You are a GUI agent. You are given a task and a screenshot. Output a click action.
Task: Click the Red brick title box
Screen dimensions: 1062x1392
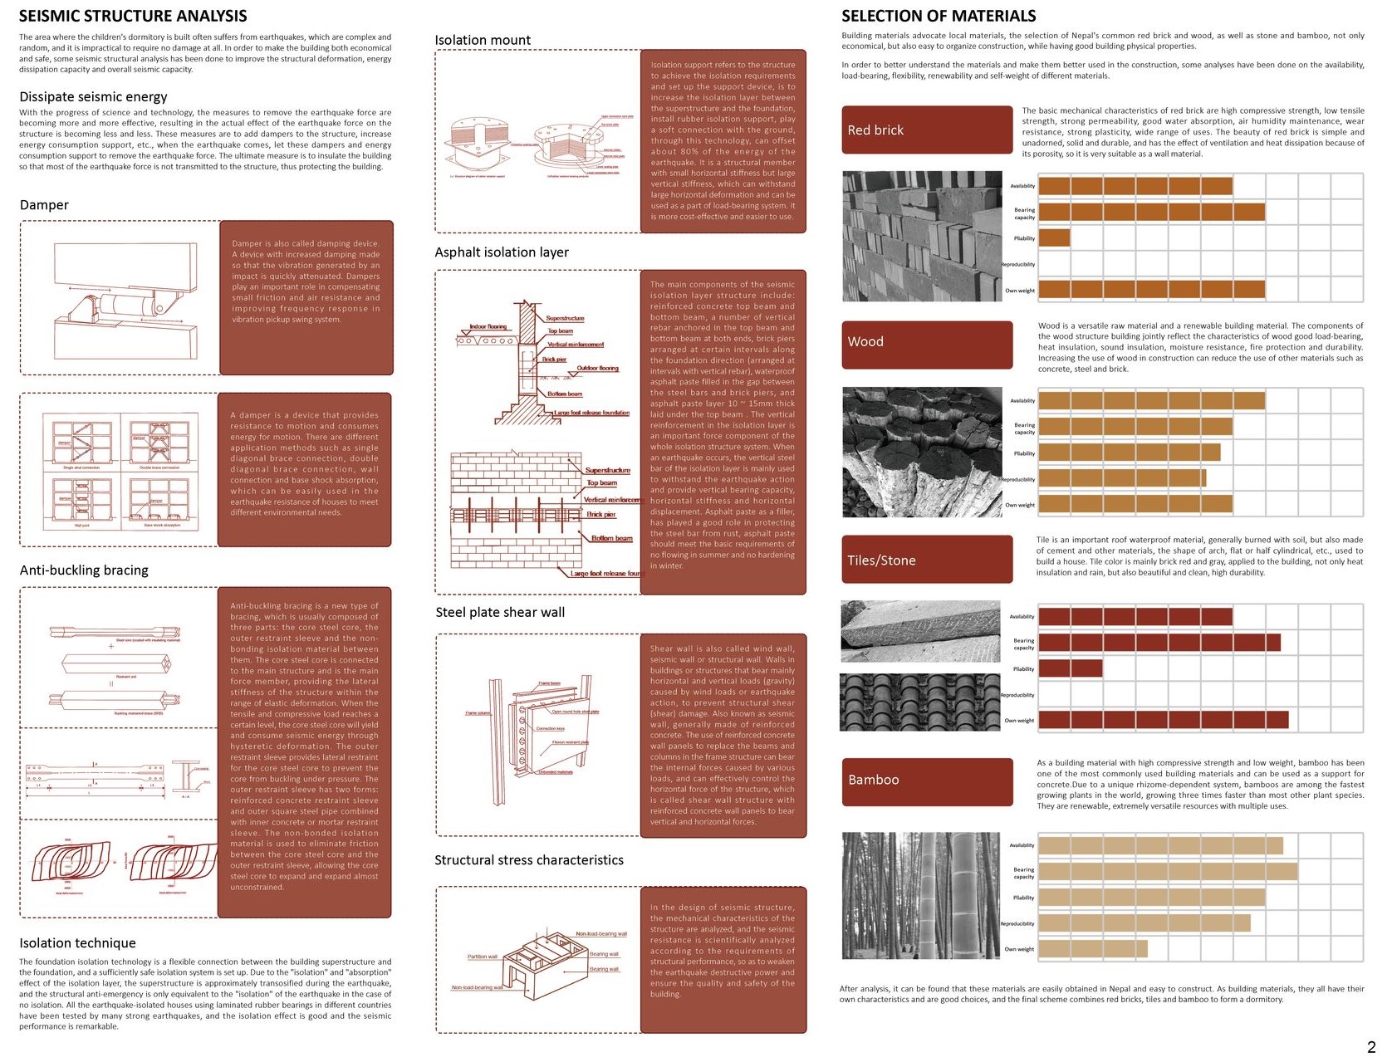[x=926, y=130]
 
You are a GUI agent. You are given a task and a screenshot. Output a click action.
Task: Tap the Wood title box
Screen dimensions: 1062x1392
[x=926, y=345]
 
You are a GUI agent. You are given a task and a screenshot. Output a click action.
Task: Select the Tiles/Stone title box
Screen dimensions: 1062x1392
[x=926, y=560]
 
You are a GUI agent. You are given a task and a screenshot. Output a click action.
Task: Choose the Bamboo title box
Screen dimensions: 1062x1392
[x=926, y=781]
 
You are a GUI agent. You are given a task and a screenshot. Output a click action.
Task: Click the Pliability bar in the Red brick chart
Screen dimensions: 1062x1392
[x=1054, y=238]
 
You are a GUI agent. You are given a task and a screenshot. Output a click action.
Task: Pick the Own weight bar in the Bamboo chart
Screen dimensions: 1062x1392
[x=1092, y=948]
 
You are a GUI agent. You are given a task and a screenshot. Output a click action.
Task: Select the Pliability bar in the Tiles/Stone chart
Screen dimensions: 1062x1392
[x=1070, y=668]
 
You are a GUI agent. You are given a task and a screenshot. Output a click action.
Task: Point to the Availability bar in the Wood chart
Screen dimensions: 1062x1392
[x=1151, y=401]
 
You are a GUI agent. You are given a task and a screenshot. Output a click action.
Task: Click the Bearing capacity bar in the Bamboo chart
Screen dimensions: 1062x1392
[x=1167, y=872]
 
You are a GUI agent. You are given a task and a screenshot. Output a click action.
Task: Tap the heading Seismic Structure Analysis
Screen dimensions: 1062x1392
[x=133, y=16]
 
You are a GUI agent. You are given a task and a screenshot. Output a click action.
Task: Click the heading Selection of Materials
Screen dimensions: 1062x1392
[x=938, y=16]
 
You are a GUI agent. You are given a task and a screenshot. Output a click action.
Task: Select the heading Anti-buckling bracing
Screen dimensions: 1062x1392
[x=84, y=570]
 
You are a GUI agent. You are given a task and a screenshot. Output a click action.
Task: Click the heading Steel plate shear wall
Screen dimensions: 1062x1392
[x=500, y=613]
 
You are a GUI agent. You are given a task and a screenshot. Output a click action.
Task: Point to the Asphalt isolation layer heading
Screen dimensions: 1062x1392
[x=502, y=252]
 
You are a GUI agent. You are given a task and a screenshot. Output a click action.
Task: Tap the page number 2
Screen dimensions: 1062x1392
[x=1371, y=1047]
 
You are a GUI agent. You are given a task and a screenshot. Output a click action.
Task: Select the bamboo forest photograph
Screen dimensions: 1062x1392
[x=919, y=897]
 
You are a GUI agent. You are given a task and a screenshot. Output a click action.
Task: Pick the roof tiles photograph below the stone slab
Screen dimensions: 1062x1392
[x=919, y=702]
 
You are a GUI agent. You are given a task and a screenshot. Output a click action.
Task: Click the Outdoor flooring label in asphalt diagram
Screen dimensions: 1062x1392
[x=597, y=368]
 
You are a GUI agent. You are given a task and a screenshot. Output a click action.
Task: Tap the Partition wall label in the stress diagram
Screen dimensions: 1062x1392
[x=482, y=957]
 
